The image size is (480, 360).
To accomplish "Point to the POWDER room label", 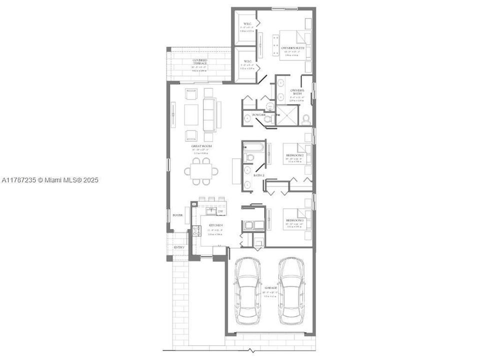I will [258, 115].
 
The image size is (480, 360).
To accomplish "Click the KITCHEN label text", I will [215, 225].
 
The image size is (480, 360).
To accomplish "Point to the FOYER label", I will [177, 215].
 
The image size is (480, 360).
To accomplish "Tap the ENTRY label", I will [179, 247].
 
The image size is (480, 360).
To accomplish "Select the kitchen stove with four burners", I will [247, 224].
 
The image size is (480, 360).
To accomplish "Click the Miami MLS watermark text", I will [50, 180].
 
